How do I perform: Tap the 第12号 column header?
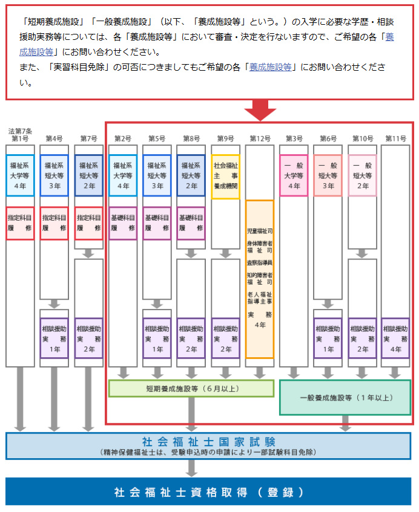click(260, 138)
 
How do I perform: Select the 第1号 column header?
click(20, 138)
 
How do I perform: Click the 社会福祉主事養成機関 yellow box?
click(226, 176)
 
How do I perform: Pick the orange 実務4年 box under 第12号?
click(260, 279)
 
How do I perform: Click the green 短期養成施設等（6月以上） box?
click(191, 388)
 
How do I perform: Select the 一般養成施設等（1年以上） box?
click(345, 397)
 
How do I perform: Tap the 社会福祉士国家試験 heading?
click(209, 441)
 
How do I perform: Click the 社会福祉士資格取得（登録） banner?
click(209, 491)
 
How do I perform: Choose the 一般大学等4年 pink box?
click(294, 176)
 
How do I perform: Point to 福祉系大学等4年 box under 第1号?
click(20, 176)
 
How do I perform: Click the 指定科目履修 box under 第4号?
click(54, 223)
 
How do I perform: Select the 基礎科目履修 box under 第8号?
click(191, 223)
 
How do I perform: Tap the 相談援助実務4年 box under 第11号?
click(396, 338)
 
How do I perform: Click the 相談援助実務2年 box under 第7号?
click(88, 338)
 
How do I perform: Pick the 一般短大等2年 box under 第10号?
click(362, 176)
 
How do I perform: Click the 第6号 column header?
click(328, 138)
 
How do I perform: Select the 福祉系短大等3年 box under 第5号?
click(157, 176)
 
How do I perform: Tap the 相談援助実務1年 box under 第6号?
click(328, 338)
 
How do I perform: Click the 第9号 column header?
click(226, 138)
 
